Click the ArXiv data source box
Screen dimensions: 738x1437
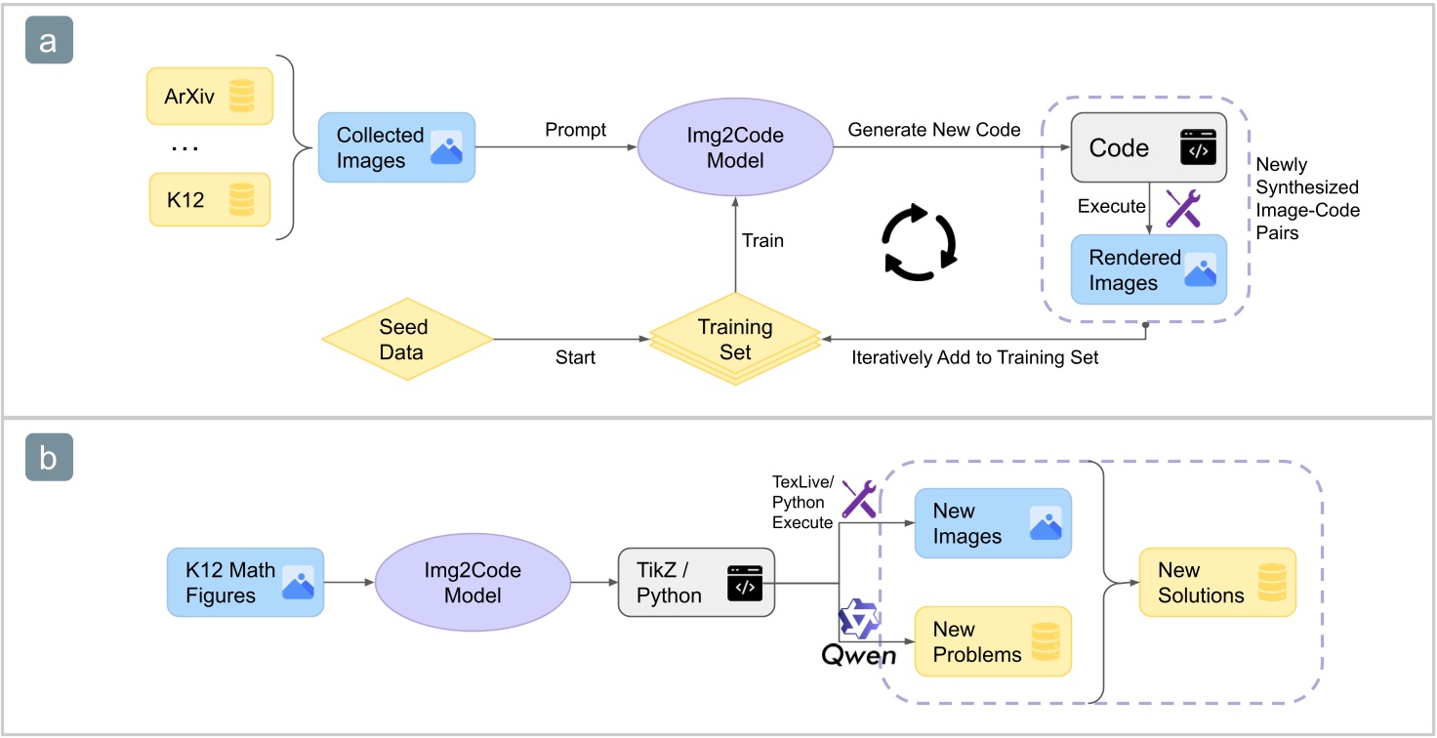(x=209, y=97)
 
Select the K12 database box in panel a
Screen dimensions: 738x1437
(x=209, y=199)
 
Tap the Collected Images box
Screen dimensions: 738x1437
(x=396, y=147)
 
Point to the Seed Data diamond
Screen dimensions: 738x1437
(x=407, y=339)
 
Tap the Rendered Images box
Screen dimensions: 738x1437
(x=1148, y=270)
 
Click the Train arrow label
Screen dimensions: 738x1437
(x=762, y=240)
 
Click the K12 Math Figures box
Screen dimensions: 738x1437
(x=244, y=582)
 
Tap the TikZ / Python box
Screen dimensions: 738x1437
(x=696, y=583)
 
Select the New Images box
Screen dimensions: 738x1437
(x=992, y=523)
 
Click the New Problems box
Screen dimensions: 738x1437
(x=992, y=641)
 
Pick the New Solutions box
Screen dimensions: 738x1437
(x=1216, y=582)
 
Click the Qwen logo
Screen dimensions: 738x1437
(x=857, y=636)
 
